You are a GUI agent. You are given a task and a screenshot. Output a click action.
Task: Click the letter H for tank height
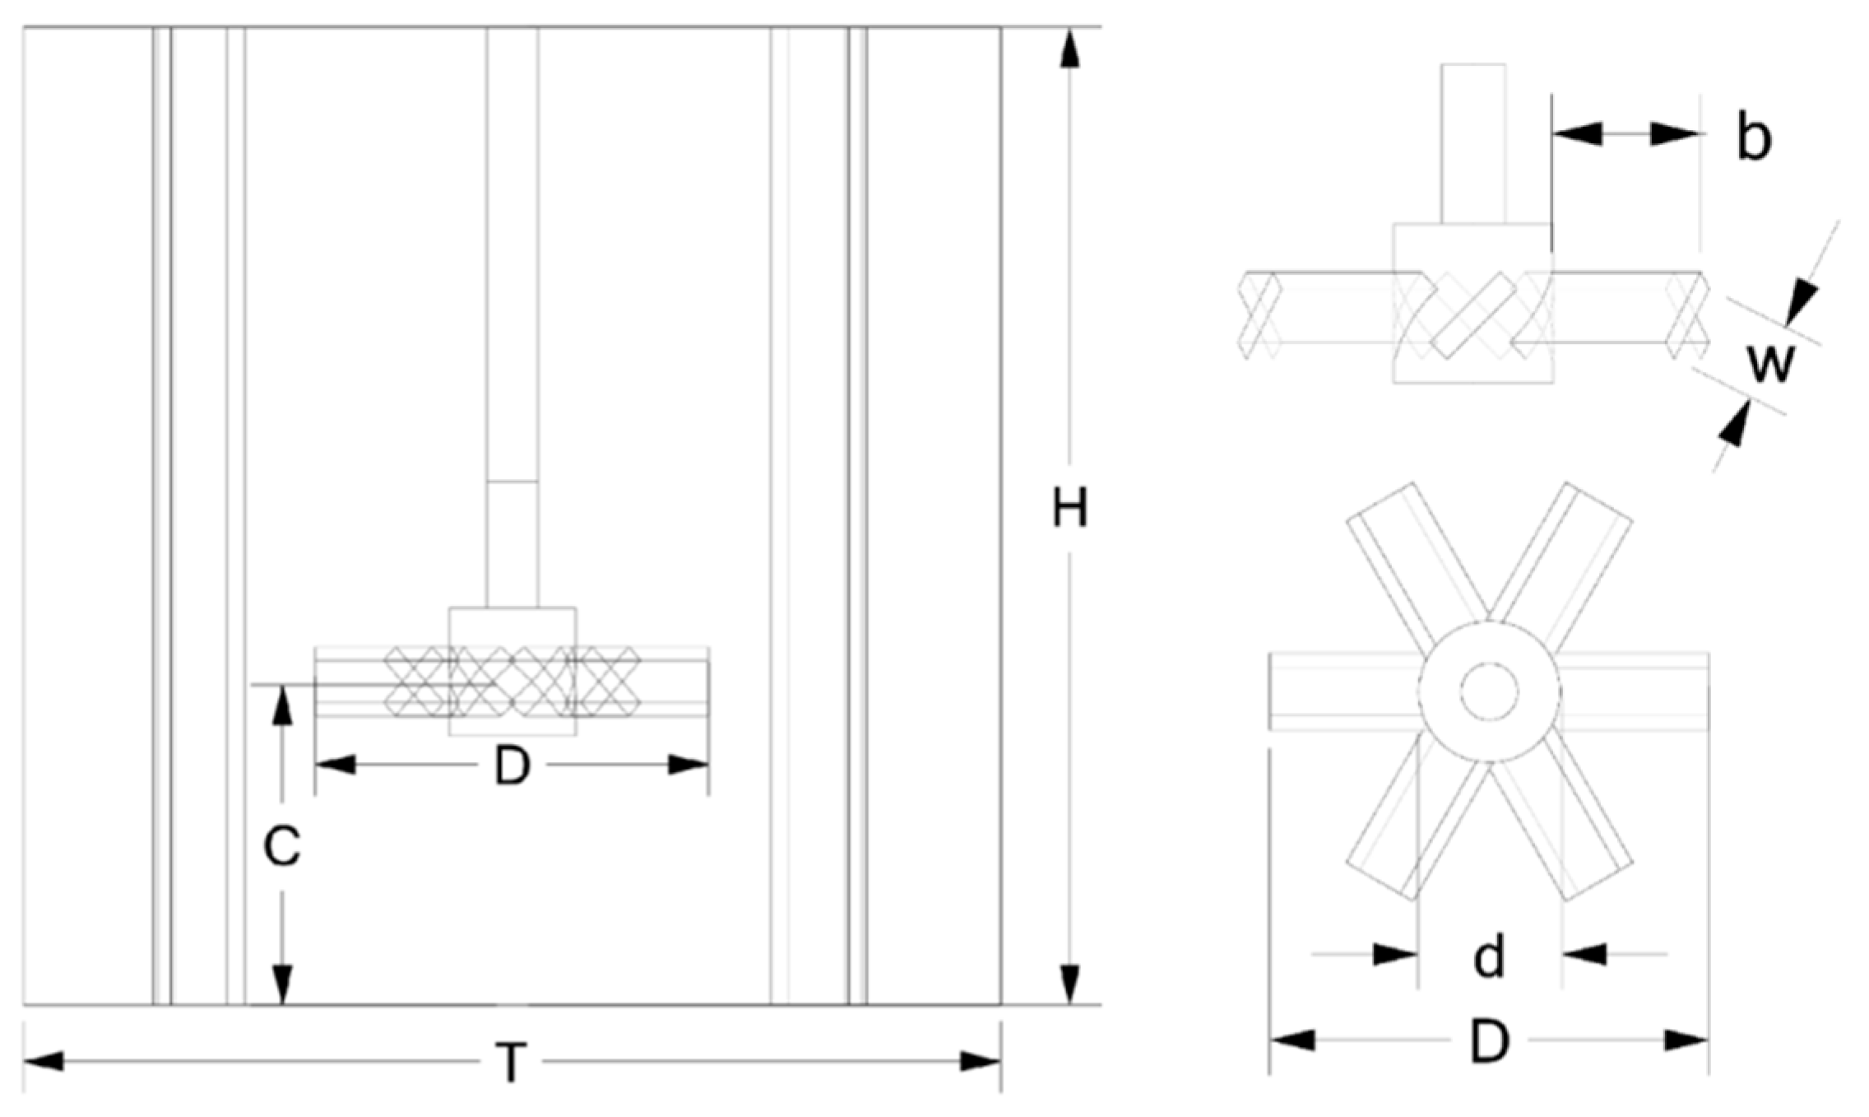[1069, 508]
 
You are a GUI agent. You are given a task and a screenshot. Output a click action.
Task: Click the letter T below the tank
[511, 1062]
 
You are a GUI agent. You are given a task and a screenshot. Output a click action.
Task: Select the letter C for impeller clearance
[281, 845]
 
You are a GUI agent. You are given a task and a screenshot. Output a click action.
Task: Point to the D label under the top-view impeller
[1489, 1041]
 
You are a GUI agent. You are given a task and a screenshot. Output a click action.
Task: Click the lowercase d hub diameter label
[1489, 956]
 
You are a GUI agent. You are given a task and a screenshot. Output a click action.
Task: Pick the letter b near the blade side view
[1754, 137]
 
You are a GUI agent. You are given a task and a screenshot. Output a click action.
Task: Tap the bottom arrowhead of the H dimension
[1069, 984]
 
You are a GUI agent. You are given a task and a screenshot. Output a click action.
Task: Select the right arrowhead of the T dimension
[981, 1062]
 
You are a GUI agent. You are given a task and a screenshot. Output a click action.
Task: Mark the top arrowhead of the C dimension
[282, 705]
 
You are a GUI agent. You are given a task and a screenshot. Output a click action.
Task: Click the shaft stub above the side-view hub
[1472, 144]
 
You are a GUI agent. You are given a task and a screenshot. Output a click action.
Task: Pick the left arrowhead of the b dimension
[1575, 134]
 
